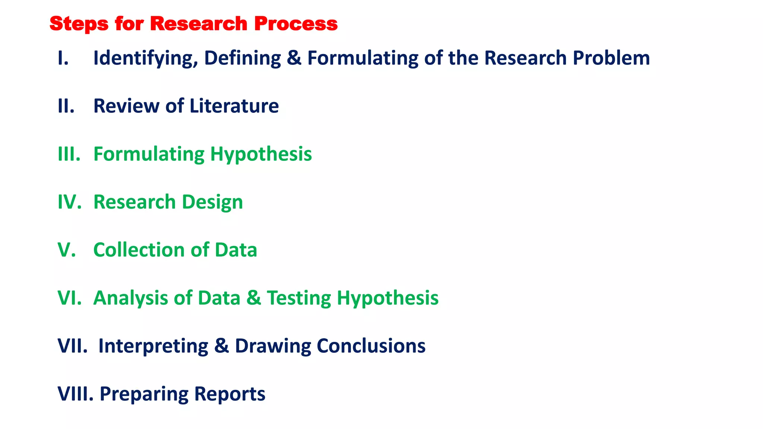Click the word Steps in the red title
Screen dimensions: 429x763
click(x=78, y=24)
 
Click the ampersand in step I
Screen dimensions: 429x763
click(x=294, y=58)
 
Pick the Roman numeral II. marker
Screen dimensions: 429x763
click(x=66, y=106)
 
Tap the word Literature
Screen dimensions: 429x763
click(x=234, y=106)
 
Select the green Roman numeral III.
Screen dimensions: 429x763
click(x=69, y=154)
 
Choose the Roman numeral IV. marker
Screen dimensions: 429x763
click(x=69, y=202)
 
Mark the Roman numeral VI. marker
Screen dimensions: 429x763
click(x=69, y=298)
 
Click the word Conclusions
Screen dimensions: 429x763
click(x=371, y=346)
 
